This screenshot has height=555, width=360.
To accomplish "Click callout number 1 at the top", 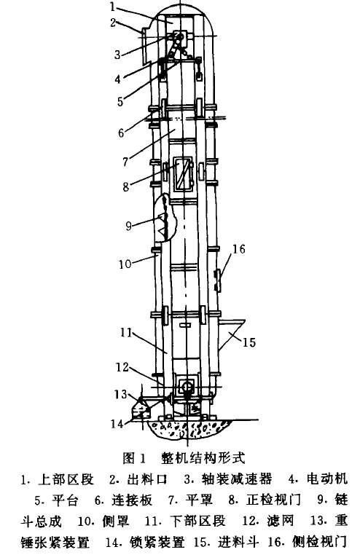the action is click(x=112, y=7).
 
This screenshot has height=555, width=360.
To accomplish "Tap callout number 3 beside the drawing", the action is click(x=117, y=54).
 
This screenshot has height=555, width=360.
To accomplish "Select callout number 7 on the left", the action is click(x=125, y=162).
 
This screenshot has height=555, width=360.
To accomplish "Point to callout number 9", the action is click(x=128, y=226).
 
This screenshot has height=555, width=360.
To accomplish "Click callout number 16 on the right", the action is click(x=238, y=249).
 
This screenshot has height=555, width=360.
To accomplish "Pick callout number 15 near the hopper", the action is click(x=249, y=342).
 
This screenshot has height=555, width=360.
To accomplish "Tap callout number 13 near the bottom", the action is click(x=120, y=394).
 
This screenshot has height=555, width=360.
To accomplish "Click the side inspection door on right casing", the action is click(x=218, y=280).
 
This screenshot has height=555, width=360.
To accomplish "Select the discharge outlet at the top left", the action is click(x=145, y=46).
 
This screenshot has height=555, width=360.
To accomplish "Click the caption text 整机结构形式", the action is click(x=203, y=458).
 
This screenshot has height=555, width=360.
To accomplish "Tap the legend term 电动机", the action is click(x=327, y=479).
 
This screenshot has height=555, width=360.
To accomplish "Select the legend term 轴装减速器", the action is click(x=236, y=479).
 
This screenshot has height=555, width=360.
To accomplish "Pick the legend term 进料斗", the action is click(x=238, y=542).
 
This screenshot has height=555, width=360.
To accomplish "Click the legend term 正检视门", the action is click(x=273, y=500).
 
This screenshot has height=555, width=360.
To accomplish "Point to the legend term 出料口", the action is click(x=147, y=479).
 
